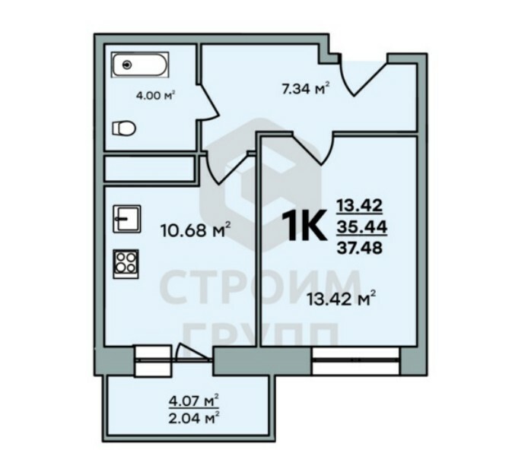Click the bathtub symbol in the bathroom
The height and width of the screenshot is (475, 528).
click(x=140, y=65)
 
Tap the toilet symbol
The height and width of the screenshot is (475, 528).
click(x=124, y=128)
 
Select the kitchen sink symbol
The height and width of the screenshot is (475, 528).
click(x=126, y=219)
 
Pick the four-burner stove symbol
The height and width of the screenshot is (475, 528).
click(x=126, y=264)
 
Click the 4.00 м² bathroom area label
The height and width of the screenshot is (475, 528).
click(x=156, y=96)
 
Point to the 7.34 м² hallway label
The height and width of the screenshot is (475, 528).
click(x=305, y=89)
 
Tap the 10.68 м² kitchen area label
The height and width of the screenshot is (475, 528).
click(x=196, y=230)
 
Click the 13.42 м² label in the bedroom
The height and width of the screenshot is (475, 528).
click(x=342, y=299)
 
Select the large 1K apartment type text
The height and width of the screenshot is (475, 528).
click(x=304, y=226)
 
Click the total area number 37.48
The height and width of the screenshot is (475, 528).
click(x=360, y=249)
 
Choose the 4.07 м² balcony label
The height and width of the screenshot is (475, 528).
click(x=193, y=401)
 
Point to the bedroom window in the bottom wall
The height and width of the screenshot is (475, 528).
click(x=355, y=360)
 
